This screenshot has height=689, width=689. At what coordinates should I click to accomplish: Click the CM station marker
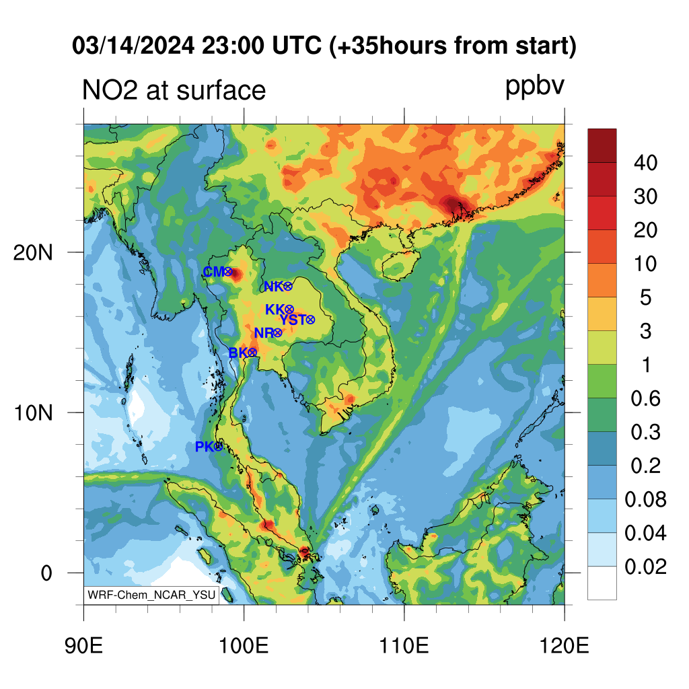click(x=227, y=272)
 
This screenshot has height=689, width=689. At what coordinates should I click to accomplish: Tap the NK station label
click(x=273, y=287)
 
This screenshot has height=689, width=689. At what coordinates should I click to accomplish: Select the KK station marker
click(x=289, y=310)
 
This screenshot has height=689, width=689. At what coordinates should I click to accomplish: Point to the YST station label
click(x=293, y=320)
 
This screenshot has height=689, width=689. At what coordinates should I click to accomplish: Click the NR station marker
click(x=277, y=333)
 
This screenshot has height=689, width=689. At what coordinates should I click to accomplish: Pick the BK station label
click(x=238, y=353)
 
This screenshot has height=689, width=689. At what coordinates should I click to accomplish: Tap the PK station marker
click(x=218, y=447)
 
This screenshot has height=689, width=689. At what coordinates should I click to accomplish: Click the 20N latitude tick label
click(x=33, y=253)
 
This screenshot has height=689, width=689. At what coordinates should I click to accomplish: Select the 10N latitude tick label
click(x=33, y=413)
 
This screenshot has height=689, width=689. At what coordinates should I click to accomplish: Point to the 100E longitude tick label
click(x=244, y=646)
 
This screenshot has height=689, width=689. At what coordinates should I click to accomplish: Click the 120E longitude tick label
click(x=565, y=646)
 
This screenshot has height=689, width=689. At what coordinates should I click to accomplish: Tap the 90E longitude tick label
click(x=83, y=646)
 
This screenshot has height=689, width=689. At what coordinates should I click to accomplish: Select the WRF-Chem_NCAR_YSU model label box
click(x=151, y=595)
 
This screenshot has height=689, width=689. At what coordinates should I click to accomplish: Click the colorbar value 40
click(x=645, y=163)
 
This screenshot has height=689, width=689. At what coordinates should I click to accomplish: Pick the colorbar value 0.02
click(x=645, y=567)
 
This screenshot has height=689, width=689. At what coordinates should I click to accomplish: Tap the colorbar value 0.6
click(x=645, y=398)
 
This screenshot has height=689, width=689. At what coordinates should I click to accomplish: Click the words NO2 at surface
click(x=174, y=90)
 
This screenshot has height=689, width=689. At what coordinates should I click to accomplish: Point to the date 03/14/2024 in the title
click(x=133, y=46)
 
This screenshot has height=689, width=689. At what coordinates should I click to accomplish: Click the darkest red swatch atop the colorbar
click(x=602, y=146)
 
